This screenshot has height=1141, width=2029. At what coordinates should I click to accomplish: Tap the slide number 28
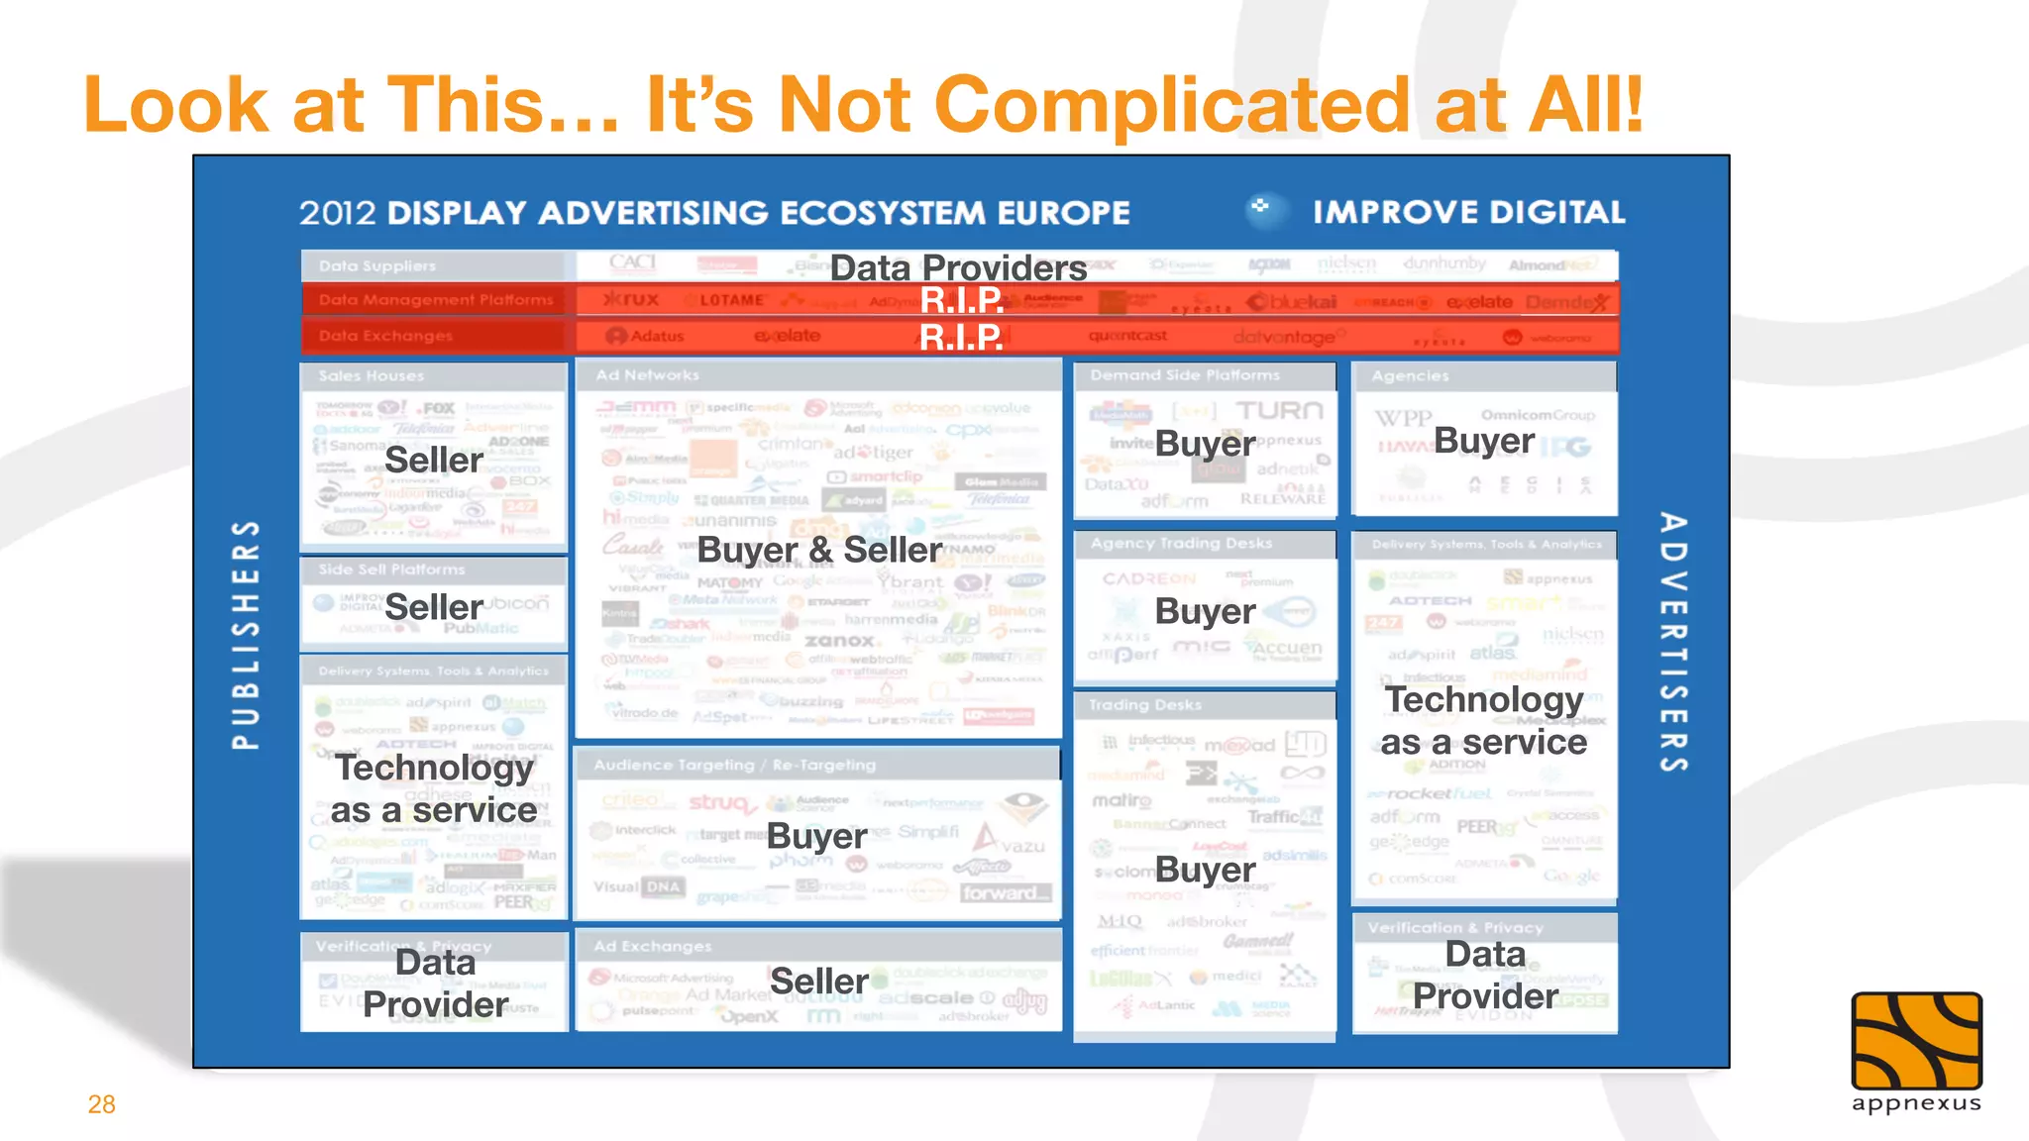[x=102, y=1104]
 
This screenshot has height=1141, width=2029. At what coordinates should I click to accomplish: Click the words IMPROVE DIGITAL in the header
[x=1468, y=212]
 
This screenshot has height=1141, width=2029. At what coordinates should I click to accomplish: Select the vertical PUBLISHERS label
[x=246, y=634]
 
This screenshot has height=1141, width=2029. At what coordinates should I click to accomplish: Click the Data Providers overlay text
[x=958, y=267]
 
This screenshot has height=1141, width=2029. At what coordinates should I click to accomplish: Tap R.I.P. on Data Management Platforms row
[x=961, y=300]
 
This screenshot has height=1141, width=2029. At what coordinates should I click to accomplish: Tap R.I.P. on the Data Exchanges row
[x=961, y=338]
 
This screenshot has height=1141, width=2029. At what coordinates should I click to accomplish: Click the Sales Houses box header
[x=372, y=376]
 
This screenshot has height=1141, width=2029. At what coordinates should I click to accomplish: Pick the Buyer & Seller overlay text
[x=819, y=550]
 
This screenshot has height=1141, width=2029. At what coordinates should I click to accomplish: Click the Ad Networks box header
[x=647, y=375]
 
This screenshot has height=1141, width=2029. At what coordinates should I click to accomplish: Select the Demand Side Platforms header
[x=1185, y=375]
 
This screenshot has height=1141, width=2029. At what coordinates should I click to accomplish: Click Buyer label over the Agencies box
[x=1484, y=441]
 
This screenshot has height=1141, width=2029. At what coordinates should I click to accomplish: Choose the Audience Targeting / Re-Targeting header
[x=734, y=765]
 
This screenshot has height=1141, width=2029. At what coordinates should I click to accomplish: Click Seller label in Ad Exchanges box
[x=819, y=981]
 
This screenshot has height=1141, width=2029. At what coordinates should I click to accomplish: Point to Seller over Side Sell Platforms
[x=434, y=607]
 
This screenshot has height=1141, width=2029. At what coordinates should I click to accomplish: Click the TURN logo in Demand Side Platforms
[x=1279, y=410]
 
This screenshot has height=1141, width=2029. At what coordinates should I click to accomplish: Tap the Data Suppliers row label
[x=377, y=265]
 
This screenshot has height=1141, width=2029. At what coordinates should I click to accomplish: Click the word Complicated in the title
[x=1172, y=104]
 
